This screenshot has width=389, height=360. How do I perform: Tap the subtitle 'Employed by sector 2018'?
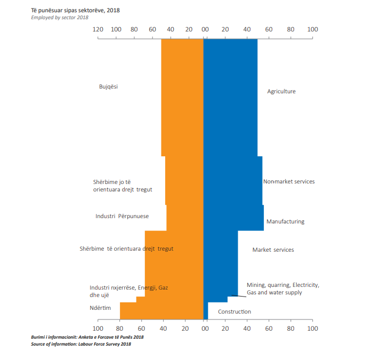59,18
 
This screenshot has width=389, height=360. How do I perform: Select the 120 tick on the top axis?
98,30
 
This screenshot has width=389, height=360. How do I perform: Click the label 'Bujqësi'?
108,86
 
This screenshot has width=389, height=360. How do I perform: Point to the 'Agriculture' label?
281,91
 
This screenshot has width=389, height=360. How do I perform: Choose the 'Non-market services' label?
289,181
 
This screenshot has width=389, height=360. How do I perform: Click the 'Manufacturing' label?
285,221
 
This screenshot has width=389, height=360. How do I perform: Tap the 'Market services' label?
273,250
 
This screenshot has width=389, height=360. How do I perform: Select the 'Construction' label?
234,311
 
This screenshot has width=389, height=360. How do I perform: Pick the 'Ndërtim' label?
101,308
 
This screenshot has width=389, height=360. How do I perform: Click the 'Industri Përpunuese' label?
122,216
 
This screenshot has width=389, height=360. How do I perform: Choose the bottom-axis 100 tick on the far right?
312,328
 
